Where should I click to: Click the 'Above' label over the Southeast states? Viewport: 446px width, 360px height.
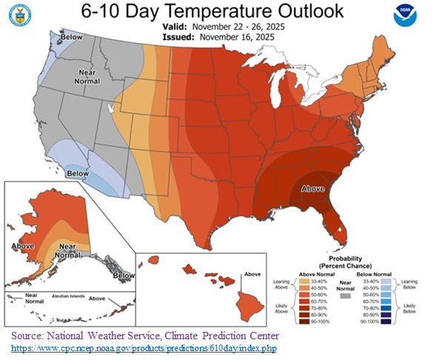pyautogui.click(x=313, y=189)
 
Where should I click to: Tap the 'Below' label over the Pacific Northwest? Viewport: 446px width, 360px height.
pyautogui.click(x=71, y=36)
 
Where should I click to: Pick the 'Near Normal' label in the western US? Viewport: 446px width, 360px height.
pyautogui.click(x=89, y=76)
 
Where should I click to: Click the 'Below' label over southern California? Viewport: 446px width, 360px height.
pyautogui.click(x=77, y=173)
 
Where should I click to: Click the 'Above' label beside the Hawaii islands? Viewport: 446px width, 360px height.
pyautogui.click(x=253, y=274)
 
